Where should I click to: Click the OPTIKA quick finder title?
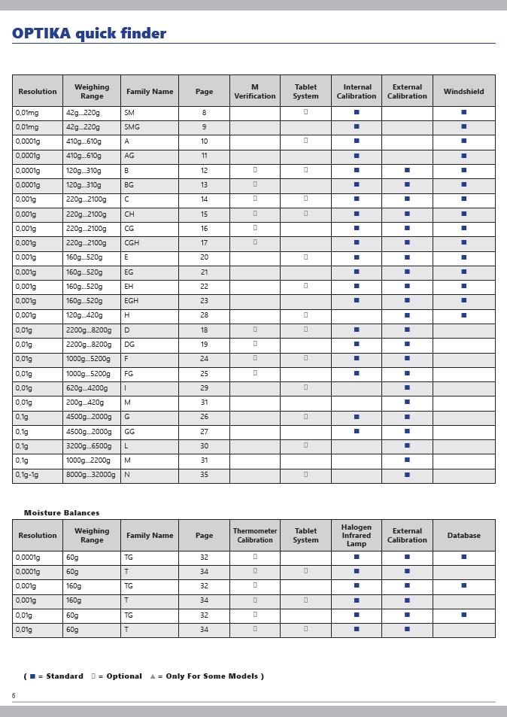pyautogui.click(x=89, y=34)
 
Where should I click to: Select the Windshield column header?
pyautogui.click(x=463, y=92)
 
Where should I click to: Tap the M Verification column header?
pyautogui.click(x=254, y=92)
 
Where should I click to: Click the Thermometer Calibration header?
pyautogui.click(x=254, y=536)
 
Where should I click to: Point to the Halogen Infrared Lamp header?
pyautogui.click(x=356, y=536)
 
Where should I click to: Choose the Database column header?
pyautogui.click(x=463, y=536)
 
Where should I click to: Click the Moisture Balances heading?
pyautogui.click(x=62, y=513)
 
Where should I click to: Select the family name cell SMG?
pyautogui.click(x=132, y=127)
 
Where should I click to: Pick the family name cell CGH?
pyautogui.click(x=132, y=243)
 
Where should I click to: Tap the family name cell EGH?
pyautogui.click(x=132, y=301)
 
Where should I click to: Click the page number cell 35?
pyautogui.click(x=204, y=475)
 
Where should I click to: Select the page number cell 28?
pyautogui.click(x=204, y=315)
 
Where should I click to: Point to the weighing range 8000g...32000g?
pyautogui.click(x=91, y=475)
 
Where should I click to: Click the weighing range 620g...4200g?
pyautogui.click(x=87, y=388)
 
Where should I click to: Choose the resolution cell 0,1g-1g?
pyautogui.click(x=27, y=475)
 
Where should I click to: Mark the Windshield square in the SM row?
pyautogui.click(x=463, y=112)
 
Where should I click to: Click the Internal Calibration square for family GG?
pyautogui.click(x=357, y=431)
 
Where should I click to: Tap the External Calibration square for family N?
pyautogui.click(x=407, y=475)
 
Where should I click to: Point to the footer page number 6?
pyautogui.click(x=14, y=696)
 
